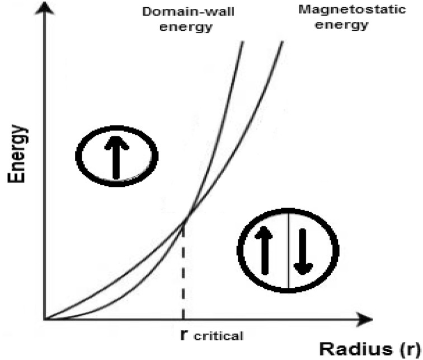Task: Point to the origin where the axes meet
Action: click(x=45, y=320)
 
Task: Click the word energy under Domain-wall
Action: click(x=182, y=26)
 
